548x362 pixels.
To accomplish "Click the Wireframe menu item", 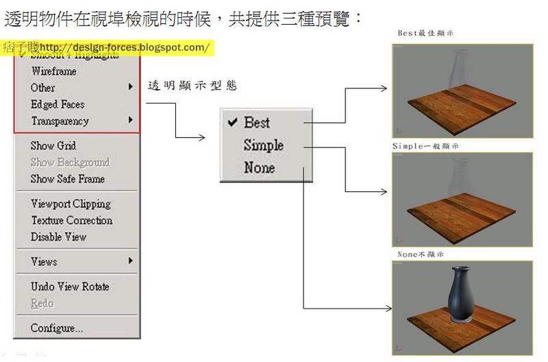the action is coord(53,71).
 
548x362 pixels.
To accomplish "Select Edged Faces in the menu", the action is coord(58,105).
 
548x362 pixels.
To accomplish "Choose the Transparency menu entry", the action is coord(60,121).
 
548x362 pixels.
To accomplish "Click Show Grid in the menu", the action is coord(53,146).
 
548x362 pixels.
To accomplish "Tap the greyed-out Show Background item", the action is coord(70,162).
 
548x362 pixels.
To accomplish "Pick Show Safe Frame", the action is coord(67,179).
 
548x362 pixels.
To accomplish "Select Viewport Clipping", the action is coord(71,204).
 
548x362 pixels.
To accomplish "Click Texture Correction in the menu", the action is coord(71,220).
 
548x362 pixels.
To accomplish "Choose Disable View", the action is coord(58,237).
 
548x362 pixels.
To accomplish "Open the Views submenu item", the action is coord(44,261).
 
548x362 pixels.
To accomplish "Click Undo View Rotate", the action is coord(70,287).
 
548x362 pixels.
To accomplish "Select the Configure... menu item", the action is coord(56,328).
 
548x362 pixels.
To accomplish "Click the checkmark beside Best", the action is coord(232,122).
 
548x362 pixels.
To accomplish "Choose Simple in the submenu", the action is coord(263,145).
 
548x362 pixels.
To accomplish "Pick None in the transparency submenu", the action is coord(259,168).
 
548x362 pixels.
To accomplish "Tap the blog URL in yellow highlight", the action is coord(124,47).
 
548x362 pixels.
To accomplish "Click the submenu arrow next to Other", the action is coord(130,87).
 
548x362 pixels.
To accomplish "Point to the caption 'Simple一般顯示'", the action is coord(425,146).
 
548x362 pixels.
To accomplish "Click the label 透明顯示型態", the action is coord(192,86).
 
